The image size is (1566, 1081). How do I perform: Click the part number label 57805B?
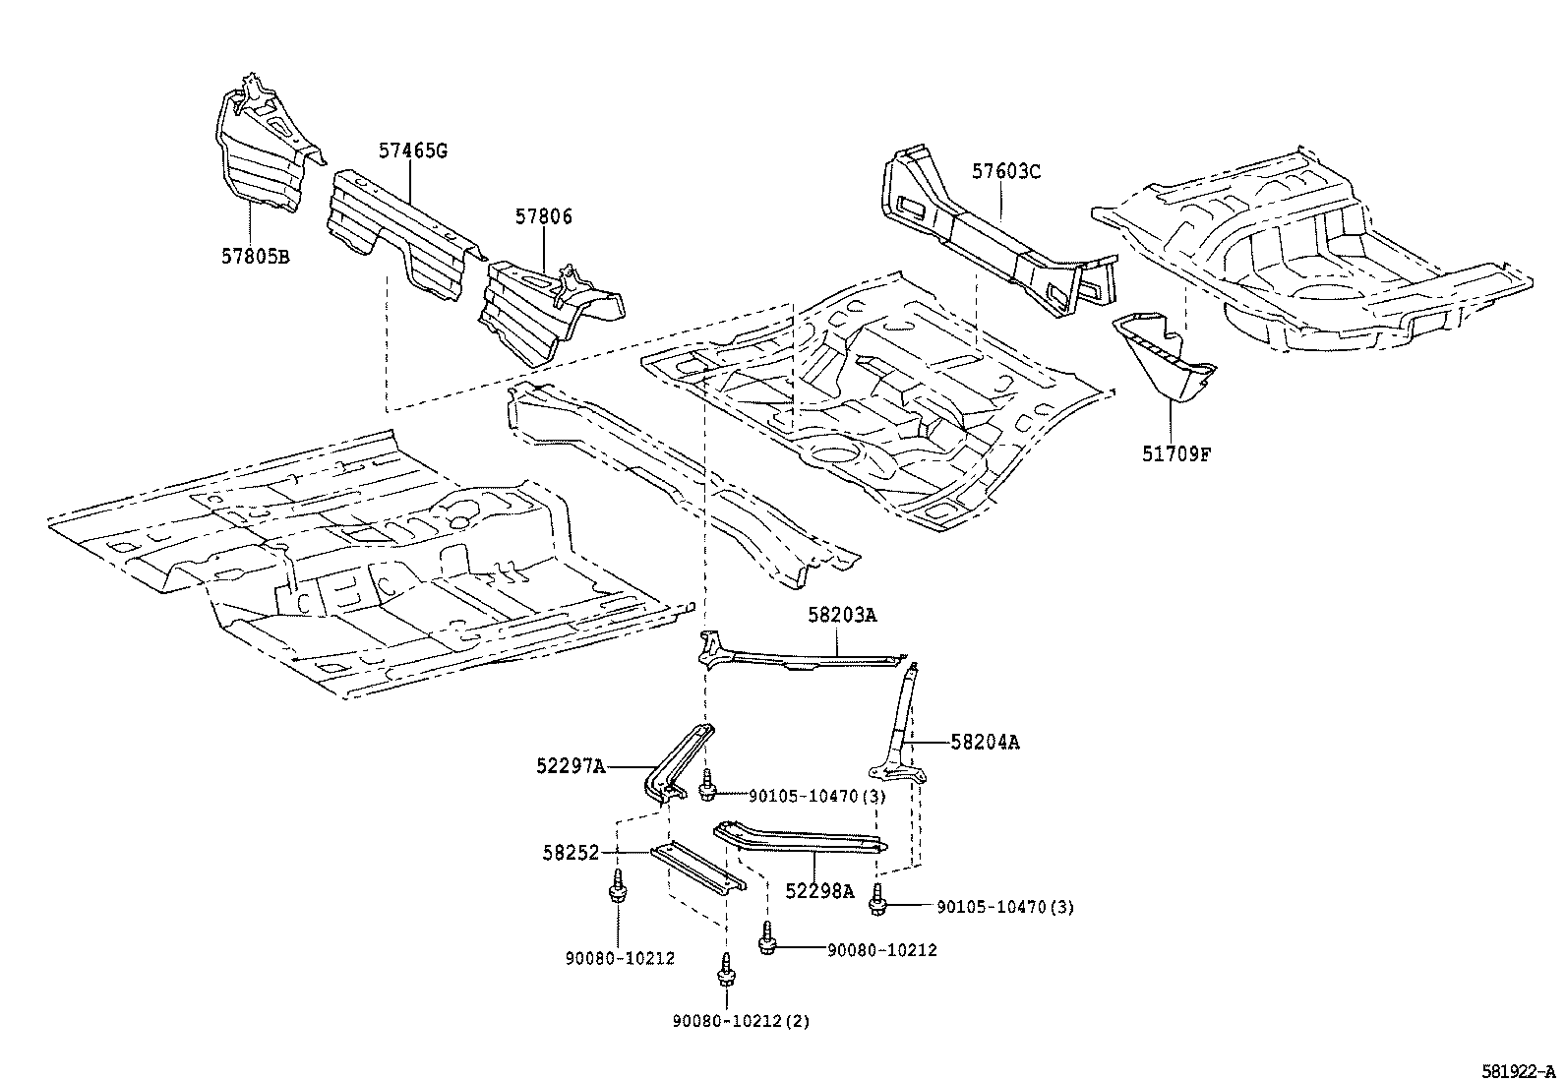click(254, 257)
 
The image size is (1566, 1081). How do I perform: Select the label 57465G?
click(412, 150)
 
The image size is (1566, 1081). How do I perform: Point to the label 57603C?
click(1005, 171)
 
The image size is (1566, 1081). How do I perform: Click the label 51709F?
click(1175, 455)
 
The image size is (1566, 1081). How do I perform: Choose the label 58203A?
click(841, 615)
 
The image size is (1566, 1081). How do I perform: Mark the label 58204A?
click(984, 743)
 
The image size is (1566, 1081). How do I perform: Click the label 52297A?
click(571, 766)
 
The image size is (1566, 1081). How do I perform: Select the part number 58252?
click(570, 854)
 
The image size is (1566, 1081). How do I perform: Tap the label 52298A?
click(819, 891)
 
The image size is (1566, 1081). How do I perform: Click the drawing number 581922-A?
click(1519, 1070)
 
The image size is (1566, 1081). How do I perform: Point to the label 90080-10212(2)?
click(741, 1021)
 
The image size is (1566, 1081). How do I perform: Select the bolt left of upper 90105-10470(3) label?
click(706, 786)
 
